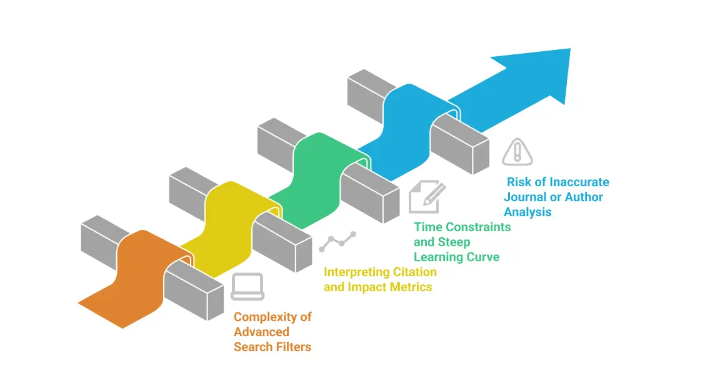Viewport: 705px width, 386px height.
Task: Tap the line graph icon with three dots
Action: (x=337, y=241)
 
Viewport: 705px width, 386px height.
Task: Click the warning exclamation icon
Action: (x=518, y=151)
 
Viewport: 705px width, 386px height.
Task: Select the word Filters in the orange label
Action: (x=292, y=347)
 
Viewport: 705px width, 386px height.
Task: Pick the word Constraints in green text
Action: (x=480, y=227)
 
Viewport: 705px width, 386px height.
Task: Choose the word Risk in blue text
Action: (x=518, y=182)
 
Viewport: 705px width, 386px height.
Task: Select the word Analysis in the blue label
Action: (x=528, y=212)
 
